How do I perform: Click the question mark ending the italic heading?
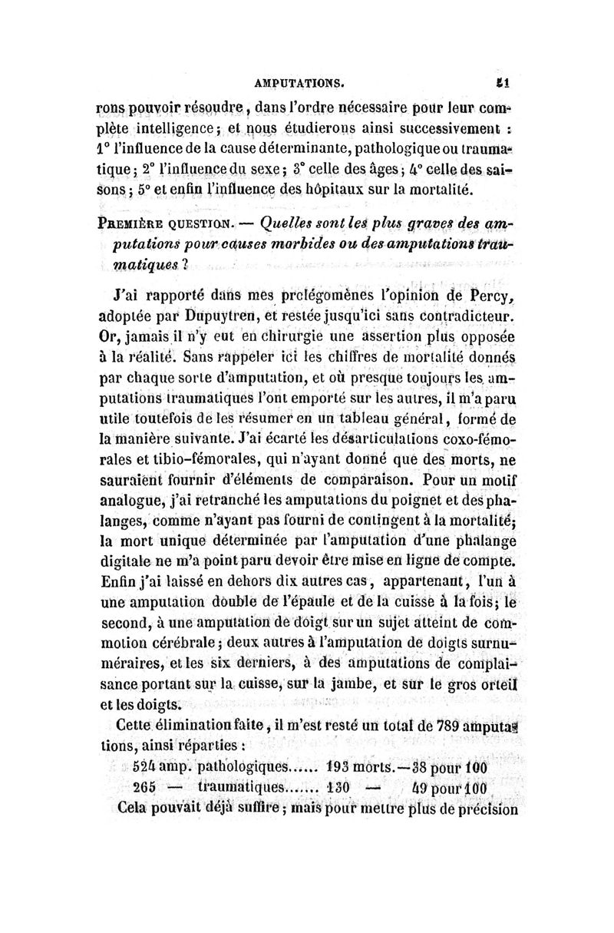(186, 263)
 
